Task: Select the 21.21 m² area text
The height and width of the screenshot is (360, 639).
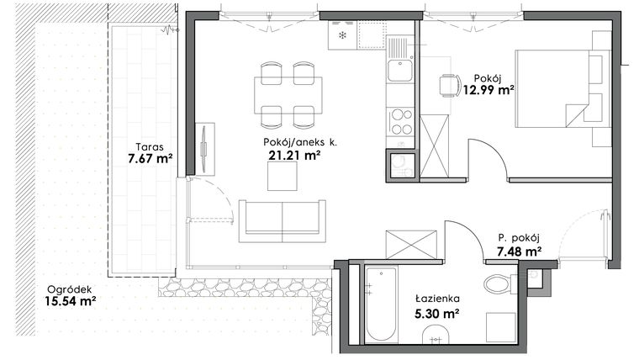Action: coord(287,155)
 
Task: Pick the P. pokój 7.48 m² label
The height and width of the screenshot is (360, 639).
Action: coord(518,244)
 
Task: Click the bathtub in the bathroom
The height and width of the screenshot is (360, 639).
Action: coord(381,304)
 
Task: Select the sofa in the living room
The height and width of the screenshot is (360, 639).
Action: coord(282,220)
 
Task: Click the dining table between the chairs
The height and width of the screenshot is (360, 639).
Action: coord(288,94)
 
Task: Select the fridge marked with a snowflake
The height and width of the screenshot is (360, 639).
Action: coord(343,36)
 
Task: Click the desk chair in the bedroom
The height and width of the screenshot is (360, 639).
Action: coord(449,85)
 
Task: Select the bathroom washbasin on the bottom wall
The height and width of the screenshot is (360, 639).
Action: coord(436,338)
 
